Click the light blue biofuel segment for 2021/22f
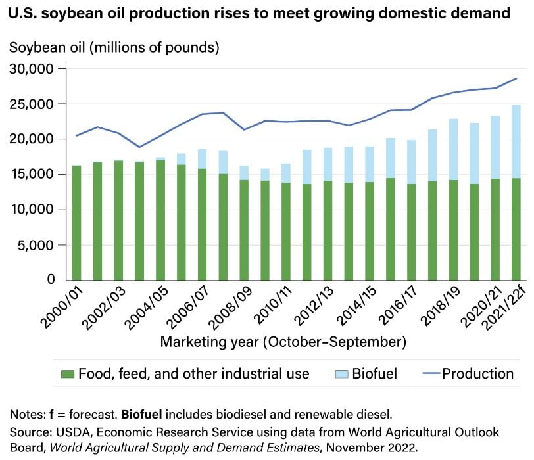(497, 141)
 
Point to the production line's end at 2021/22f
(498, 78)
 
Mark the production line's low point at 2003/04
(139, 147)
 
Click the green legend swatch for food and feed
(67, 374)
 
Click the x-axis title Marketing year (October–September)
(283, 342)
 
